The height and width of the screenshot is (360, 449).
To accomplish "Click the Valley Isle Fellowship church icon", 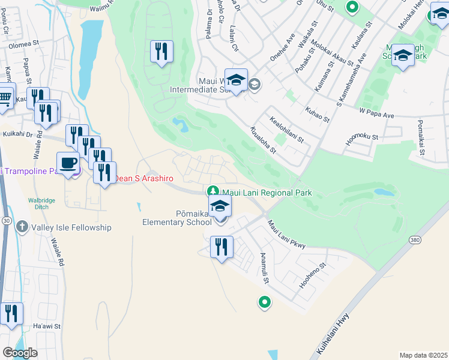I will coord(22,227).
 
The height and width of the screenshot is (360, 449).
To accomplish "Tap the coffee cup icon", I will coord(68,162).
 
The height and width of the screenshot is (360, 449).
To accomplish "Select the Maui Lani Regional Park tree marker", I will coord(212,192).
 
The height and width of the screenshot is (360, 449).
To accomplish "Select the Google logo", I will coord(20,353).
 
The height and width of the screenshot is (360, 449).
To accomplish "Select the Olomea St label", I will coord(23,44).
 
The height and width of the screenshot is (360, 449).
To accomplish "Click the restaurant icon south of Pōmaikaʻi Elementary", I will coord(221,246).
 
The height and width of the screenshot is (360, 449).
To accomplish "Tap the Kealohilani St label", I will coord(286,130).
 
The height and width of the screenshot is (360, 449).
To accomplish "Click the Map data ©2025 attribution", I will coord(423,355).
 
